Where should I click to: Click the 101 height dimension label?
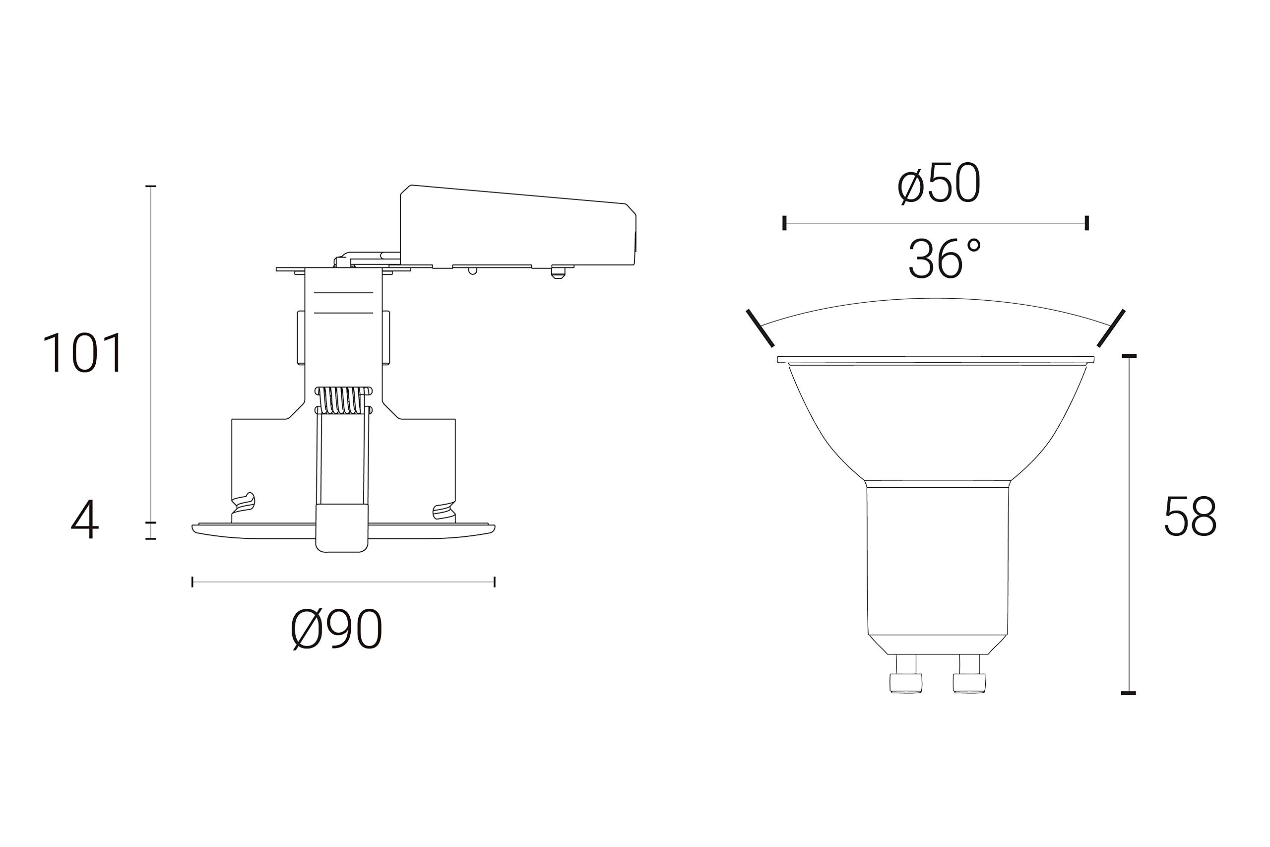coord(83,353)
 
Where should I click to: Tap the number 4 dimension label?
coord(85,520)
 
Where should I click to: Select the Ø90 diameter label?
coord(337,629)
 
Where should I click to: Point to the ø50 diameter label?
coord(939,184)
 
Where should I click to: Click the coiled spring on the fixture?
coord(343,400)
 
